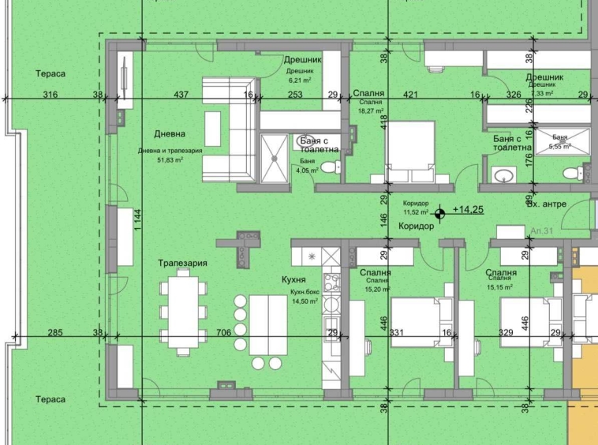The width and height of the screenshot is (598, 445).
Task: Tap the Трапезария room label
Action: tap(182, 263)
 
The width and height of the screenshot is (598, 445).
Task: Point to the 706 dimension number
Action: tap(224, 333)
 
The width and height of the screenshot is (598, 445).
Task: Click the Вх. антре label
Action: tap(546, 204)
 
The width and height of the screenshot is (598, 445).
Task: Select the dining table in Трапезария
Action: tap(184, 312)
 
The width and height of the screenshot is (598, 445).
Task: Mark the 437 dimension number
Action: tap(181, 95)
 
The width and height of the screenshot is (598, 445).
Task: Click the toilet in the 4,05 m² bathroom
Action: tap(335, 166)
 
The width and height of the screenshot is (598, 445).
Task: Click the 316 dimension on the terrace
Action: tap(50, 95)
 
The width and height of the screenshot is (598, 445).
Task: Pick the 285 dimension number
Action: tap(54, 333)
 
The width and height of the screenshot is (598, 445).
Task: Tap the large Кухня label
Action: tap(293, 279)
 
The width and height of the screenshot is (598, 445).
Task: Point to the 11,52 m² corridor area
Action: tap(416, 212)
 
